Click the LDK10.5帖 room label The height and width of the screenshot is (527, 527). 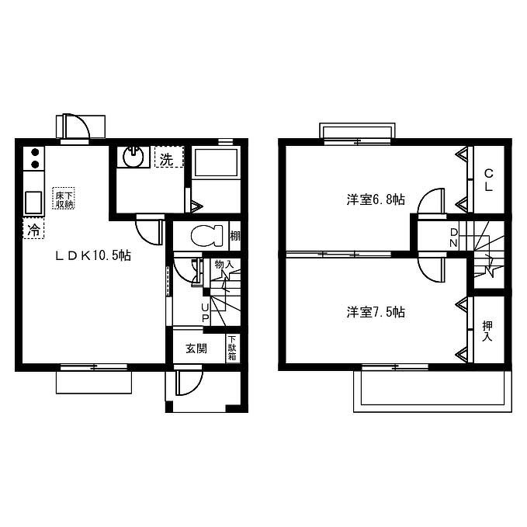(x=93, y=256)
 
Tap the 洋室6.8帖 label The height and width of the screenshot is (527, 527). (x=376, y=199)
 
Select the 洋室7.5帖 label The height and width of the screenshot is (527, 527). (x=376, y=312)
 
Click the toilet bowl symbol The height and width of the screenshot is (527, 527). (x=206, y=236)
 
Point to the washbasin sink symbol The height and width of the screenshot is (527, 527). (x=133, y=157)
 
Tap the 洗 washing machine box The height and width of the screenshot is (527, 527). (x=169, y=157)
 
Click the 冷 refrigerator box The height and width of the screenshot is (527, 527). (x=33, y=228)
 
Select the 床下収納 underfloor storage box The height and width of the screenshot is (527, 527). (x=64, y=199)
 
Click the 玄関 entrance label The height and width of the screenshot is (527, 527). (x=196, y=348)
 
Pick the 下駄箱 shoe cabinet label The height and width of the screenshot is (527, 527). (x=232, y=348)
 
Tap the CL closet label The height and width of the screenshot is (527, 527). (x=489, y=180)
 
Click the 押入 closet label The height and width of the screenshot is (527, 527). (x=487, y=331)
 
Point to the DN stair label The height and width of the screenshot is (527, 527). (x=454, y=237)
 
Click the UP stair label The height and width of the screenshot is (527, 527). (x=205, y=313)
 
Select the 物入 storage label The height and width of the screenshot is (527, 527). (x=224, y=264)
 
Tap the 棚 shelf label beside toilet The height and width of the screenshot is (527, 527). (x=235, y=236)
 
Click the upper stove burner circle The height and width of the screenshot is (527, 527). (x=35, y=153)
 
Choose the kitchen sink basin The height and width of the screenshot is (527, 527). (x=33, y=203)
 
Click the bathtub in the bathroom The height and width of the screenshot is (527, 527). (x=216, y=163)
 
